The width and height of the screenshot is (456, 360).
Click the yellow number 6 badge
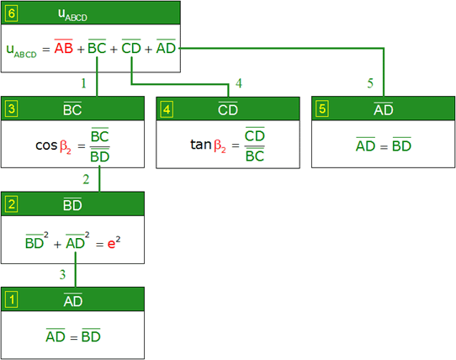12,13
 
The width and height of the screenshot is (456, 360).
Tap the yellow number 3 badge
12,109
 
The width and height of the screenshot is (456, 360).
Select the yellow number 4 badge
167,109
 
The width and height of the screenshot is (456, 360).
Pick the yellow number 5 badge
322,109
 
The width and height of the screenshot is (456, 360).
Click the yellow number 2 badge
12,204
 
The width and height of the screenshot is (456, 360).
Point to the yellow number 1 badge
12,299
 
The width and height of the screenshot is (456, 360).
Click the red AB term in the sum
64,47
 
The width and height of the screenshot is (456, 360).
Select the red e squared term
114,242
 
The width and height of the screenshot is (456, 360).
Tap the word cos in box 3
46,146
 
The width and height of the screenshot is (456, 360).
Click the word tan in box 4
201,144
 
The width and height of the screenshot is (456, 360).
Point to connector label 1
84,83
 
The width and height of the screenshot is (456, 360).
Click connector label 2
86,179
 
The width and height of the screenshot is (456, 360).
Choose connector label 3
62,274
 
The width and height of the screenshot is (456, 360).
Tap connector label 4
239,83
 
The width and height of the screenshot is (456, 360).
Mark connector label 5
370,83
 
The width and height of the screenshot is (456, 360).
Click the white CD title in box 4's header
228,109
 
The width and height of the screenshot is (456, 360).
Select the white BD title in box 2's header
72,204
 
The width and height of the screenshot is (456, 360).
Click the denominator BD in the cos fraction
100,156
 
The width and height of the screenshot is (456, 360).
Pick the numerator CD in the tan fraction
255,135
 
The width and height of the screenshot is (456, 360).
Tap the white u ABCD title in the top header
72,14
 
